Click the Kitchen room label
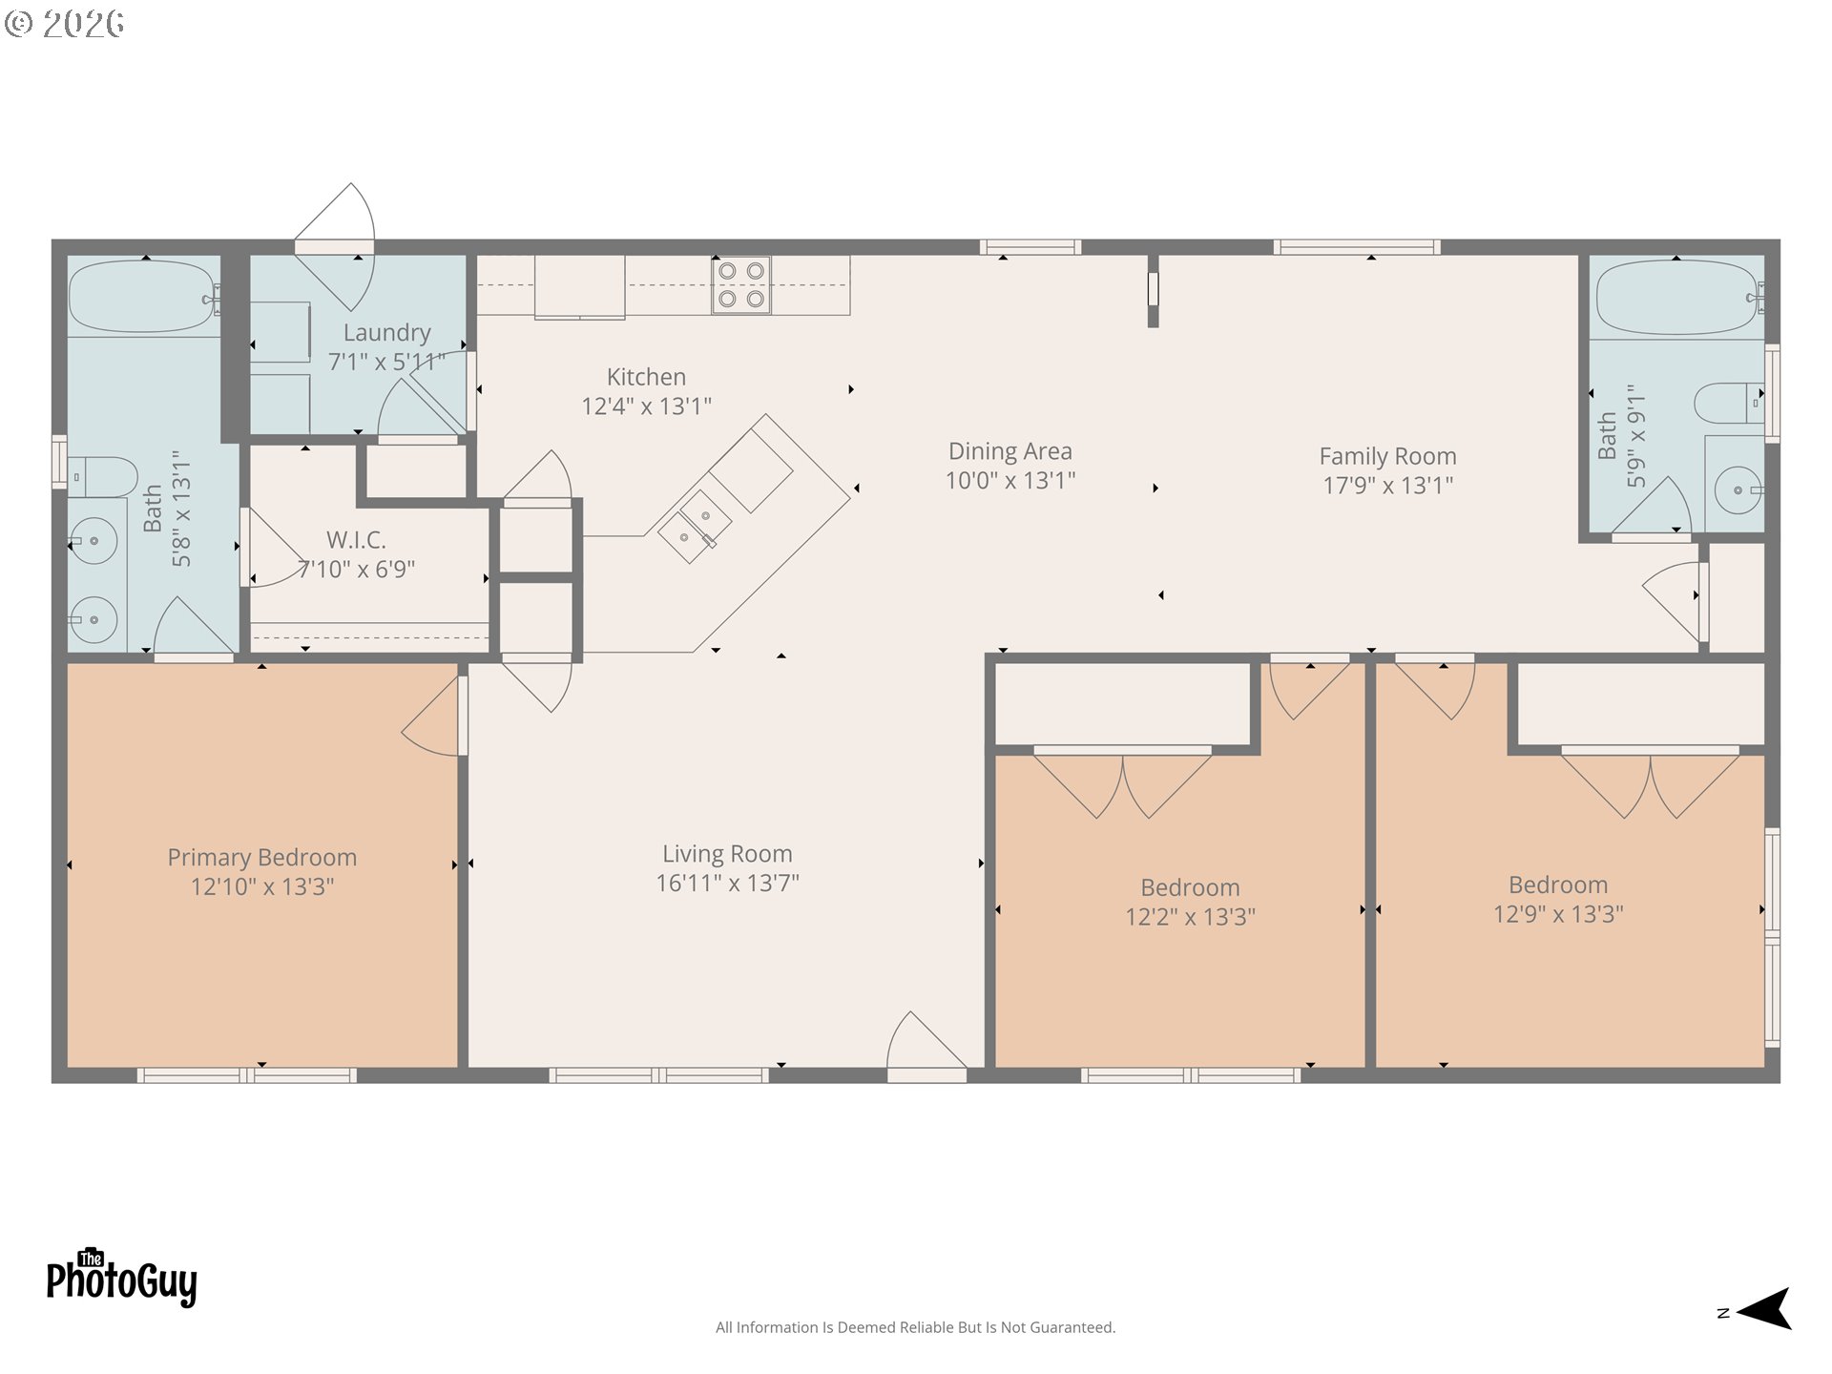tap(646, 377)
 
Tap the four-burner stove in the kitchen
tap(741, 285)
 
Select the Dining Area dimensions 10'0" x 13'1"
tap(1010, 481)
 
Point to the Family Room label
tap(1387, 457)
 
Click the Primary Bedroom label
tap(262, 858)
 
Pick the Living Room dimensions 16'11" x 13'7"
tap(727, 884)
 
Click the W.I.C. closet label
tap(356, 540)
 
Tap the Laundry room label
tap(386, 333)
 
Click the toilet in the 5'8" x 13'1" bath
tap(102, 476)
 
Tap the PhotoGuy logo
tap(121, 1278)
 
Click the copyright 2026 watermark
tap(64, 23)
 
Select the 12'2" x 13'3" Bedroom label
tap(1190, 888)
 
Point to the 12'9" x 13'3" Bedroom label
tap(1557, 885)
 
